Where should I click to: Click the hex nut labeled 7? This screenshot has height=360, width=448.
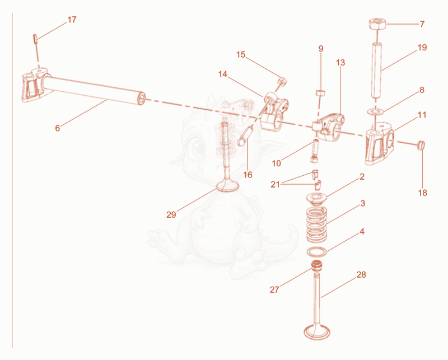[377, 24]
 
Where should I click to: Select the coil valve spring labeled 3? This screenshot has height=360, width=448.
[316, 224]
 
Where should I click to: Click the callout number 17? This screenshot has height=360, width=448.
[72, 20]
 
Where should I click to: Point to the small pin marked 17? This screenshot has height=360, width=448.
[35, 39]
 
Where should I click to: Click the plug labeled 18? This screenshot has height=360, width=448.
[421, 145]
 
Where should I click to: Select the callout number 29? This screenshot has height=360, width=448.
[171, 214]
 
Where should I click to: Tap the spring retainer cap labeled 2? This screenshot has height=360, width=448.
[316, 199]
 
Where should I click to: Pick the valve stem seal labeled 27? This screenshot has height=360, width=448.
[316, 266]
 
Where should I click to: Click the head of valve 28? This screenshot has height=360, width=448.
[317, 332]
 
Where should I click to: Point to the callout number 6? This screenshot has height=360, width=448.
[58, 128]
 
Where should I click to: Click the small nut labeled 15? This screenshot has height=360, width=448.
[283, 81]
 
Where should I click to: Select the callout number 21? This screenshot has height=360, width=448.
[275, 185]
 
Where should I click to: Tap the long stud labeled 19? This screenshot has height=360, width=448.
[376, 71]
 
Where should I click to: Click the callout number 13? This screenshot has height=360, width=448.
[340, 63]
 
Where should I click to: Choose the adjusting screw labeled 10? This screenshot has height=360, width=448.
[315, 151]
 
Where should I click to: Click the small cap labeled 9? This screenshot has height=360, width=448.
[320, 93]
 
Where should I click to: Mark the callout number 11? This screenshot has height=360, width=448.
[422, 115]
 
